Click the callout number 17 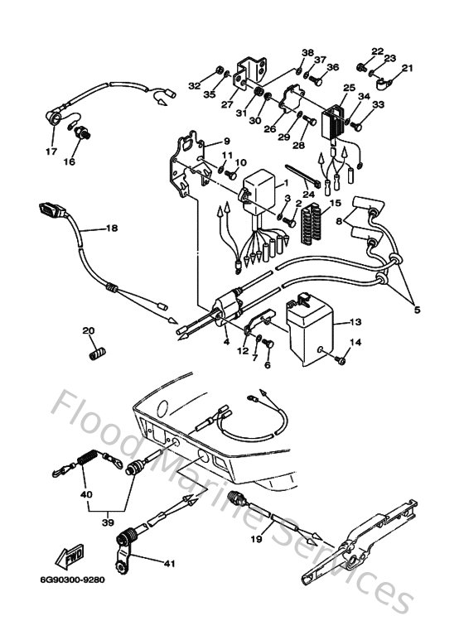point(51,152)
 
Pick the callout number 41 point(169,565)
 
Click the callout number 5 point(418,310)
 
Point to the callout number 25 point(349,88)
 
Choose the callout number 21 point(407,68)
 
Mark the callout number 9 point(226,142)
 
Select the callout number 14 point(355,342)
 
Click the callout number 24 point(309,195)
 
